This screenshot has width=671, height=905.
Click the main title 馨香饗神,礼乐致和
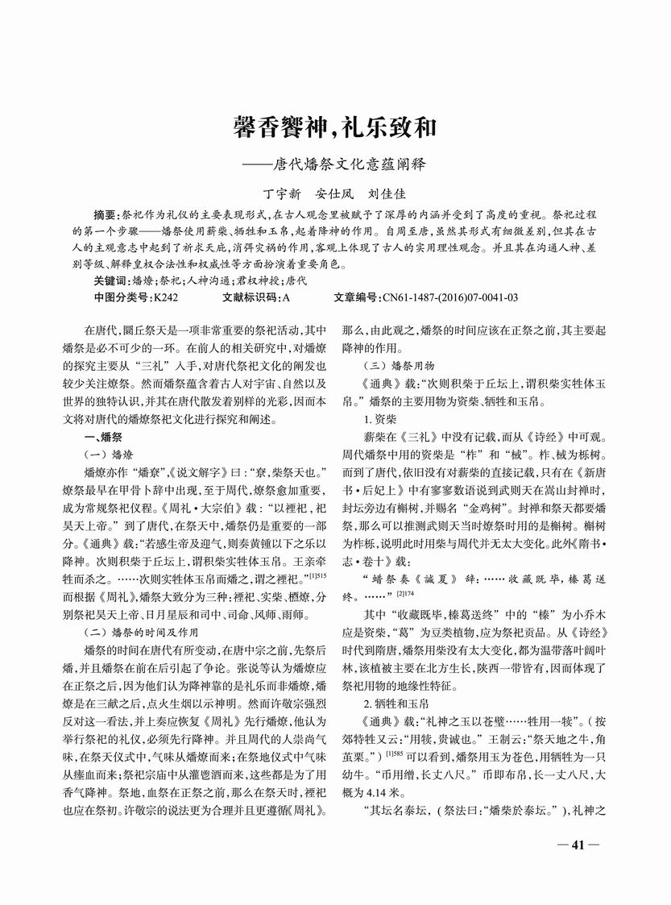335,127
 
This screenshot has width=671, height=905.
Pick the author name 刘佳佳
386,193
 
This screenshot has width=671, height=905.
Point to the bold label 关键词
111,281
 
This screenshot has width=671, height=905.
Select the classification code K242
166,297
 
